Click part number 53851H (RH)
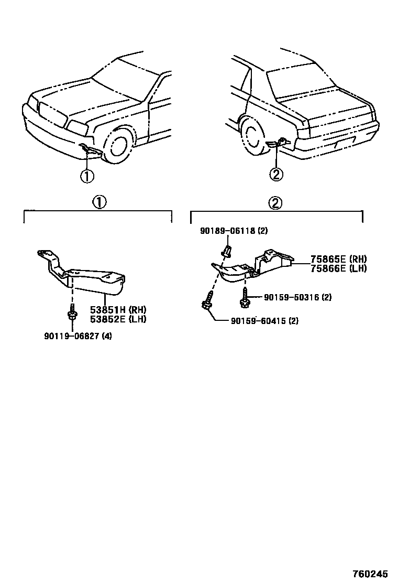point(118,309)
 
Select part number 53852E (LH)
point(118,318)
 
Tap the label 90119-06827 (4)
point(78,336)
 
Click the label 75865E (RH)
point(338,259)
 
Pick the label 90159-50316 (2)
point(297,297)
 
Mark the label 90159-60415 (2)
point(264,320)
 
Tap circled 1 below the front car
point(87,176)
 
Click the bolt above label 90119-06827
point(72,314)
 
